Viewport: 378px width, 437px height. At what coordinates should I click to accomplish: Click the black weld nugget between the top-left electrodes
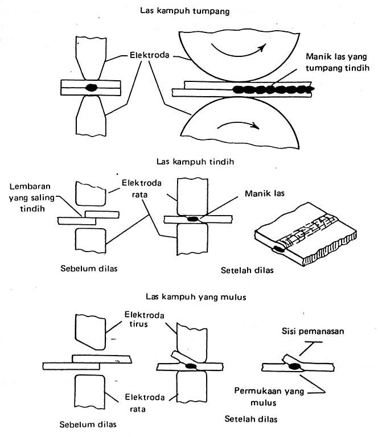coord(91,88)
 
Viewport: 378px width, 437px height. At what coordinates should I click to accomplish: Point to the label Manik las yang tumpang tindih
coord(338,63)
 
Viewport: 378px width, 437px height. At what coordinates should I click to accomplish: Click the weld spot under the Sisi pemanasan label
coord(295,368)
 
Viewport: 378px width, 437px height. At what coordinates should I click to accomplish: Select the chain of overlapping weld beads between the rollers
coord(272,89)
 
